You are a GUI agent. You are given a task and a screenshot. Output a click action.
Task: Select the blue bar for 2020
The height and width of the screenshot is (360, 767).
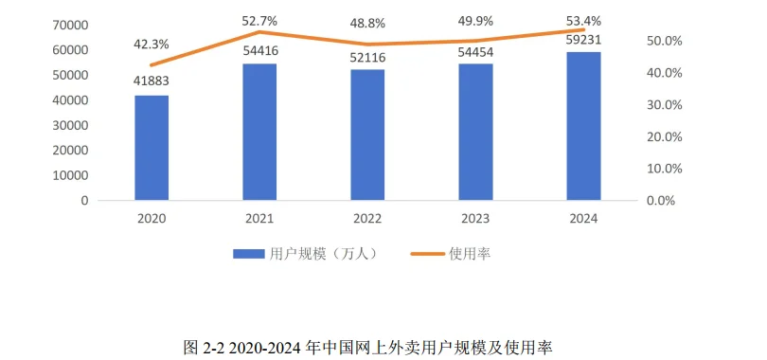152,148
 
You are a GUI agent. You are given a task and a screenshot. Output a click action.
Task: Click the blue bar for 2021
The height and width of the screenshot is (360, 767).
259,132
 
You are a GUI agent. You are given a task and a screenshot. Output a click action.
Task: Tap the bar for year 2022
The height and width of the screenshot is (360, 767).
367,135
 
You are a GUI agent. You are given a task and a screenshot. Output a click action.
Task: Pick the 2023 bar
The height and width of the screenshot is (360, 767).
475,132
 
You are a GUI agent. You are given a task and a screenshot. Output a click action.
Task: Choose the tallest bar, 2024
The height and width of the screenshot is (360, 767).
583,126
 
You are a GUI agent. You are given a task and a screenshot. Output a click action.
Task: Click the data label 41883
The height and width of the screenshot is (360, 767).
152,83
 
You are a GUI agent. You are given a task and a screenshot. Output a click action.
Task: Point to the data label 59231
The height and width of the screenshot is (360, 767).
583,40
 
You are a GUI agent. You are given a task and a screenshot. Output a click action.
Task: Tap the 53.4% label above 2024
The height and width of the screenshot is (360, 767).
583,20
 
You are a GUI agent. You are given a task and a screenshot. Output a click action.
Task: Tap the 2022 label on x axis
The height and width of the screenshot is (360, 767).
367,219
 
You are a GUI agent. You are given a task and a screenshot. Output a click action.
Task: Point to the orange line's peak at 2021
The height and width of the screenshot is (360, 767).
259,32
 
